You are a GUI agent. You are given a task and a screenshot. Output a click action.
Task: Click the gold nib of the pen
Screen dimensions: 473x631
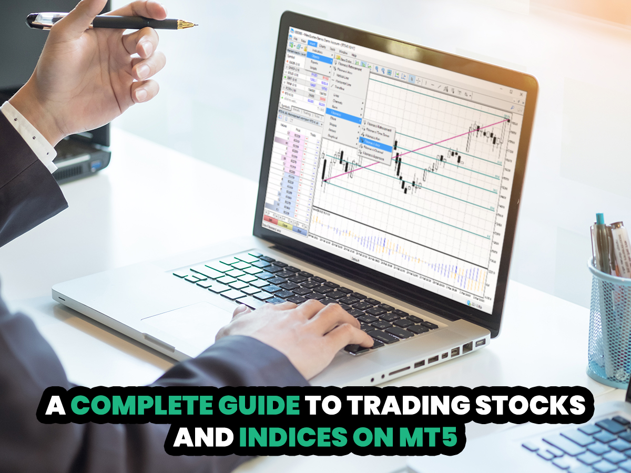[x=188, y=24]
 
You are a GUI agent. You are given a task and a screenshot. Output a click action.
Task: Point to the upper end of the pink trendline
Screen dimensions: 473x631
[x=508, y=120]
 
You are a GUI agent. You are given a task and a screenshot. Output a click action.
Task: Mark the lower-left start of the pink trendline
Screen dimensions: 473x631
[x=324, y=181]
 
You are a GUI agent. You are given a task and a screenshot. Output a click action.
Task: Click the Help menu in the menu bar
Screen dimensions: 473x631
[x=354, y=54]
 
